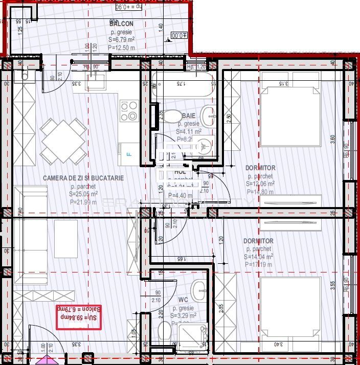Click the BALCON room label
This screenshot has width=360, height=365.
(122, 24)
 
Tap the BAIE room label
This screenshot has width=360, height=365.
(189, 116)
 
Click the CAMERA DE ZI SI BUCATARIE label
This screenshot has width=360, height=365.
(83, 178)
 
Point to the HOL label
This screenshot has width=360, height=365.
(180, 172)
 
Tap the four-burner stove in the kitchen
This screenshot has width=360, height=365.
(129, 110)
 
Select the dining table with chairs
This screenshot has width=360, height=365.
(64, 141)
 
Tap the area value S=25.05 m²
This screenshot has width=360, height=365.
(83, 194)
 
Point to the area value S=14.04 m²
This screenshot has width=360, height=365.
(259, 257)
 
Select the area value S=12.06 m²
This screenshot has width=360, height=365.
(260, 184)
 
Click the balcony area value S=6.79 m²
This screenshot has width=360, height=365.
(122, 39)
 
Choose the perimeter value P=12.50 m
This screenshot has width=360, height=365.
(122, 47)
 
